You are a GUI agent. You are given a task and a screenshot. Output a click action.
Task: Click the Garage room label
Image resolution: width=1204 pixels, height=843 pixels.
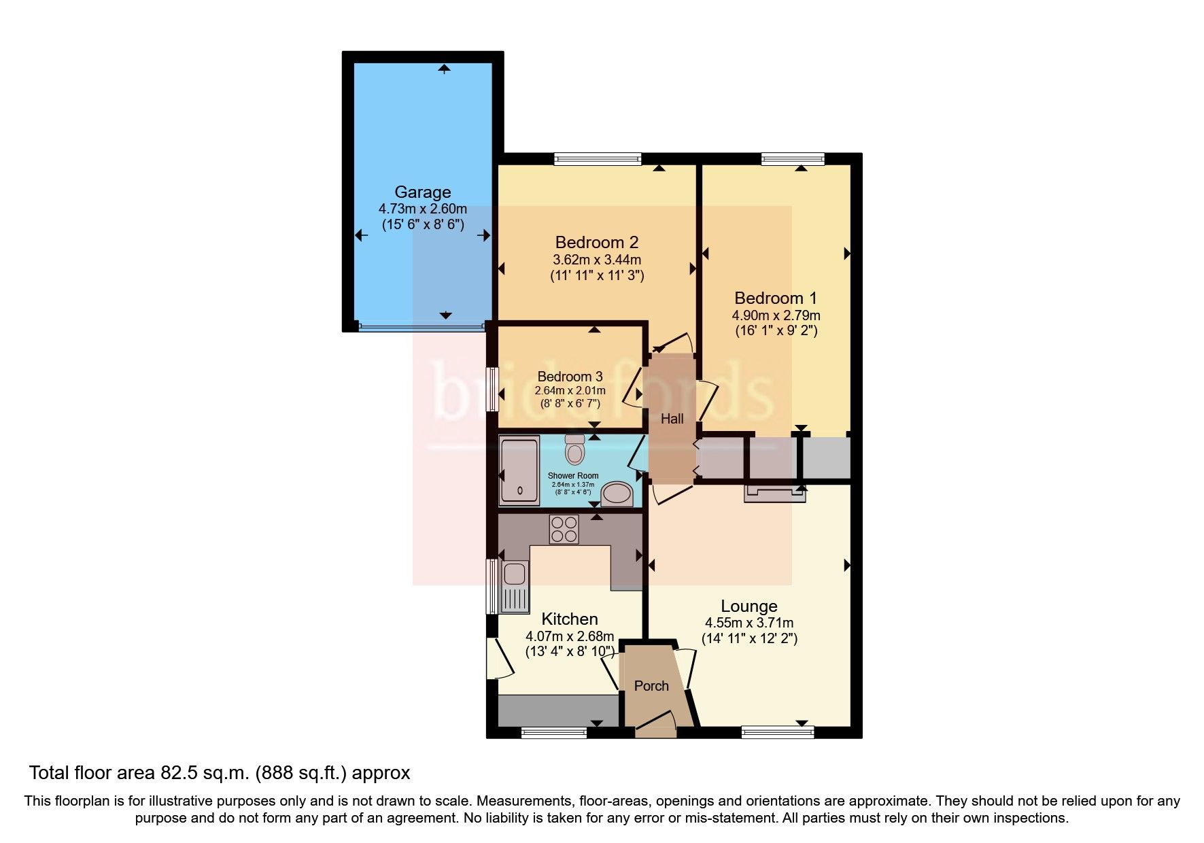422,192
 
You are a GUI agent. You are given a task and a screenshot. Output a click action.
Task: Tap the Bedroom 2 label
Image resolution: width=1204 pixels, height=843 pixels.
596,242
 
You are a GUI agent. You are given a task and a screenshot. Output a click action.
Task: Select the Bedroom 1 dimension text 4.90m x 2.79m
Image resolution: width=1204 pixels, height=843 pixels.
776,315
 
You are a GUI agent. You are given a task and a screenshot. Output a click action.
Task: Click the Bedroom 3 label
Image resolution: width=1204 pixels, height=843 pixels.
570,377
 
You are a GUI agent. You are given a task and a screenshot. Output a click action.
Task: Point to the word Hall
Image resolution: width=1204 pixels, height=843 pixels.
672,419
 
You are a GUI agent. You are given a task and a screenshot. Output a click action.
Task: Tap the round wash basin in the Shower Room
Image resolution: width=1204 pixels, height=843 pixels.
618,493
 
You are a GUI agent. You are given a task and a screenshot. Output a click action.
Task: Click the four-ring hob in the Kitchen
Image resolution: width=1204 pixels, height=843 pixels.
564,530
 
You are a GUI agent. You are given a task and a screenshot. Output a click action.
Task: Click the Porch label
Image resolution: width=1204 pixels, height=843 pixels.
651,686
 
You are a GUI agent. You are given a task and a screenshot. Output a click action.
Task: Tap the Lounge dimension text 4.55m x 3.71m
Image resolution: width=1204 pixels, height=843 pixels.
749,623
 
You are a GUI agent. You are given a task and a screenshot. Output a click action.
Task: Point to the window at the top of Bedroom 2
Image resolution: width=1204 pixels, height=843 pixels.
598,160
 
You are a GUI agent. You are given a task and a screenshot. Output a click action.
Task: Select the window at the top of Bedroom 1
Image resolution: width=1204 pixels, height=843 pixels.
793,160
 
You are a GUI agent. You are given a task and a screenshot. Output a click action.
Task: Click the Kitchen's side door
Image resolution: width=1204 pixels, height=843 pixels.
500,658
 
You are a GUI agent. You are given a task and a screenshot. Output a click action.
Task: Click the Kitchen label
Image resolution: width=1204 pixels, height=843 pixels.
569,619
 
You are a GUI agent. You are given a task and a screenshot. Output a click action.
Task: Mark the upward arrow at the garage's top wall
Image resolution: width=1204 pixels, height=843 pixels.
445,68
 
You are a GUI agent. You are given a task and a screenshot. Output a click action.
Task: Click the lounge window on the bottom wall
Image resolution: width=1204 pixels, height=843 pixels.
777,732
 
